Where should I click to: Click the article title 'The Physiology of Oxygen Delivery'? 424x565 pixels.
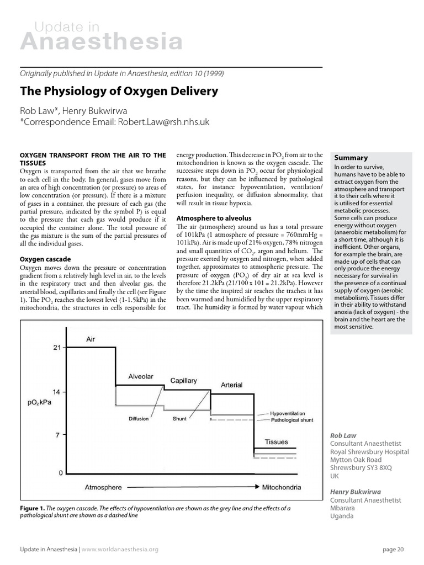[x=119, y=91]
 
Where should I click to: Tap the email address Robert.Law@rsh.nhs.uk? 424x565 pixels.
[x=163, y=122]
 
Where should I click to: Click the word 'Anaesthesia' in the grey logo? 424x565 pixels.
[x=101, y=42]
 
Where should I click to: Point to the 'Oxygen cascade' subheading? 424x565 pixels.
[x=46, y=259]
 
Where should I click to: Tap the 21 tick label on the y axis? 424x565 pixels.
[x=56, y=348]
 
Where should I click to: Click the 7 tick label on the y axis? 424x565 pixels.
[x=57, y=435]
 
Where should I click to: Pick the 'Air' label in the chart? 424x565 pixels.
[x=91, y=340]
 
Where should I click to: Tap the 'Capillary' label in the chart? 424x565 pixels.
[x=183, y=381]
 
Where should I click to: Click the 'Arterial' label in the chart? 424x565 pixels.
[x=232, y=385]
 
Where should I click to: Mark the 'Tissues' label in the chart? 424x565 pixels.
[x=277, y=442]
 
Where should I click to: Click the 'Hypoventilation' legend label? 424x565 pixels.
[x=291, y=413]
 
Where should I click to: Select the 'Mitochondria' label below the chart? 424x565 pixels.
[x=282, y=488]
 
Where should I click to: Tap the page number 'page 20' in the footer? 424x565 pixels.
[x=393, y=549]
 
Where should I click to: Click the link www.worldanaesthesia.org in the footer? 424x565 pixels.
[x=120, y=549]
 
